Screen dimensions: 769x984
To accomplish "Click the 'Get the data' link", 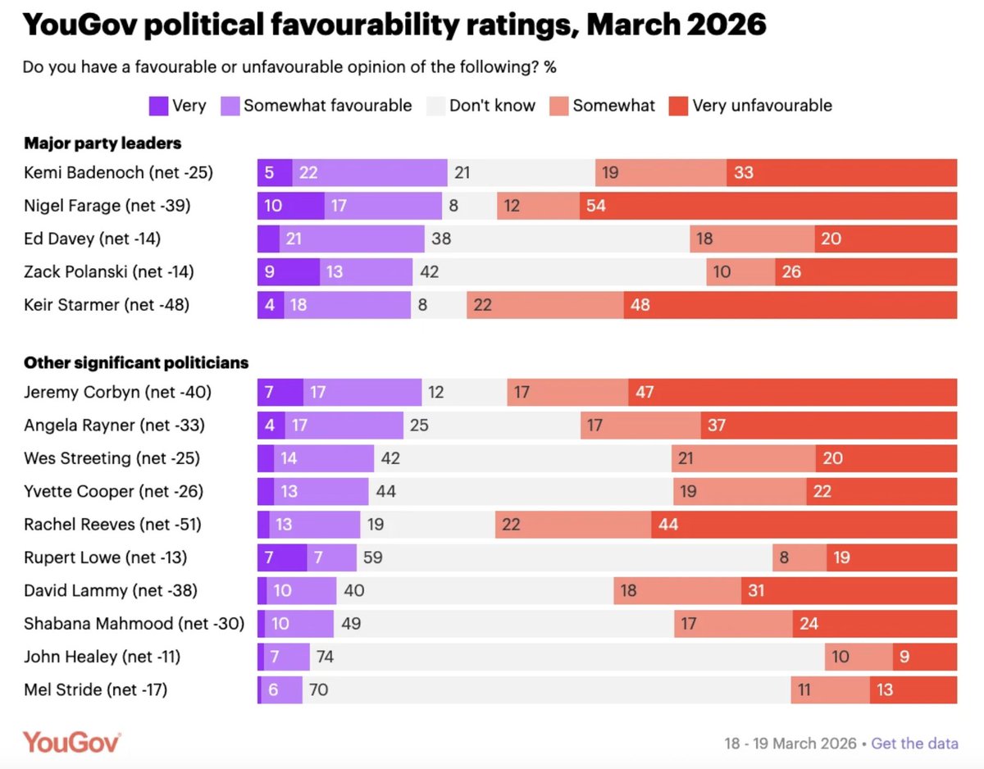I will click(914, 744).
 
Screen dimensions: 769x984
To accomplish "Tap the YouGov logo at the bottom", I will click(72, 742).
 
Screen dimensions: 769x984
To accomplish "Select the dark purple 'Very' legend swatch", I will click(158, 106).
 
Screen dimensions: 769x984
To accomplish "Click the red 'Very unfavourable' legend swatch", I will click(678, 106).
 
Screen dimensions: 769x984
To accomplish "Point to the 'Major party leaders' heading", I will click(102, 143).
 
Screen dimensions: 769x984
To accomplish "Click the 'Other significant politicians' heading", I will click(136, 362).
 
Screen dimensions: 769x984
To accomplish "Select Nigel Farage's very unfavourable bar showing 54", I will click(768, 206).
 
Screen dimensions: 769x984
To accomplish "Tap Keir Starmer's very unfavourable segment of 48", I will click(790, 305).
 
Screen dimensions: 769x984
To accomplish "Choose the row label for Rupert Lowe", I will click(106, 557).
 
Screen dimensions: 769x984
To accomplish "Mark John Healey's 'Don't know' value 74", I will click(567, 657).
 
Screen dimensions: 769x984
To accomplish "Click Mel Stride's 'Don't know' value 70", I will click(546, 689).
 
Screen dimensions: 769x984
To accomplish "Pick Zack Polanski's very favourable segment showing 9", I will click(288, 271).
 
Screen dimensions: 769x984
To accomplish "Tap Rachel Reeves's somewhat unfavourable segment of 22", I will click(573, 525).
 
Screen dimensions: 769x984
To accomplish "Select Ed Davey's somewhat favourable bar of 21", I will click(352, 239).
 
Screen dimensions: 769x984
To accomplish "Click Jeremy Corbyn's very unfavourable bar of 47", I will click(792, 393).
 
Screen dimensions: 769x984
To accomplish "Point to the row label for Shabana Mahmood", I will click(134, 624).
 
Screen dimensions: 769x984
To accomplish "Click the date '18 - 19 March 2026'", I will click(790, 744).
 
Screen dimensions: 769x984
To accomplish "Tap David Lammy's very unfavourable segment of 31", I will click(849, 590).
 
